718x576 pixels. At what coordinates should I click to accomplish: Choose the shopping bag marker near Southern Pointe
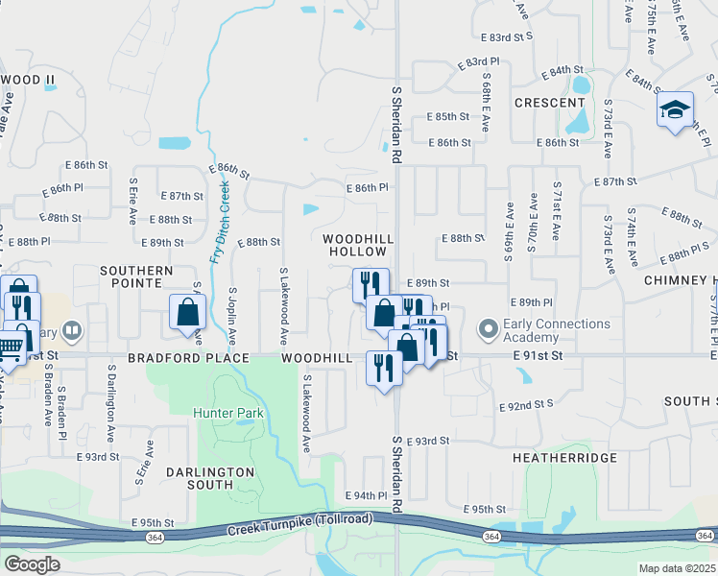click(x=187, y=312)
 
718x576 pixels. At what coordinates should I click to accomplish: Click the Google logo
click(x=32, y=564)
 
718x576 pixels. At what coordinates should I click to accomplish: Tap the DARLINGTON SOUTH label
click(x=209, y=478)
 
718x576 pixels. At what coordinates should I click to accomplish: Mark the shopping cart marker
click(x=9, y=346)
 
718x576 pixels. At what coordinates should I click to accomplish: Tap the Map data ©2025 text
click(x=677, y=568)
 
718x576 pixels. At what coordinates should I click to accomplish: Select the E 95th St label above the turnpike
click(x=484, y=509)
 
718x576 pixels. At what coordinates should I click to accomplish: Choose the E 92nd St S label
click(x=527, y=406)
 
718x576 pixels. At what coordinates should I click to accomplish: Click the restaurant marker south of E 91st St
click(x=384, y=368)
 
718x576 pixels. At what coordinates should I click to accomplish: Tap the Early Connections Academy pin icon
click(x=489, y=330)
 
